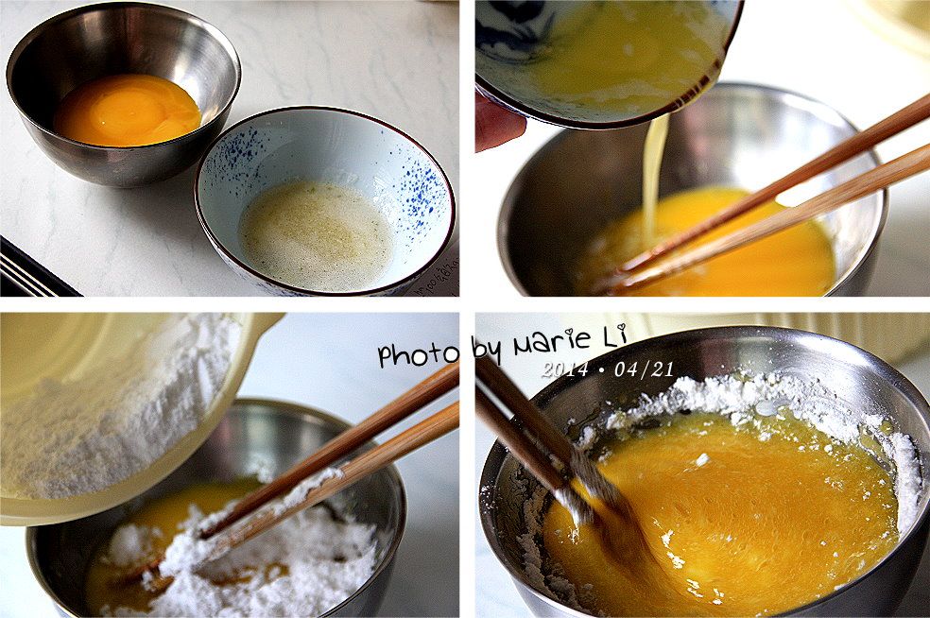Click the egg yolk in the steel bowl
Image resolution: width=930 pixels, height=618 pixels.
[x=128, y=110]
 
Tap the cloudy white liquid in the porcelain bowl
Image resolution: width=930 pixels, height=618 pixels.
[x=316, y=234]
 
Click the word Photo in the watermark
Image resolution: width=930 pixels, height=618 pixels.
[x=419, y=354]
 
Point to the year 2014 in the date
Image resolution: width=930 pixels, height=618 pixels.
[x=564, y=369]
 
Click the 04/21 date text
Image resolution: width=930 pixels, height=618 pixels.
[x=645, y=369]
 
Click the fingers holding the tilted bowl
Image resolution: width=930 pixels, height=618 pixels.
[x=498, y=122]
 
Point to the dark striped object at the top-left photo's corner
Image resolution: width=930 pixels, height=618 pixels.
[x=33, y=270]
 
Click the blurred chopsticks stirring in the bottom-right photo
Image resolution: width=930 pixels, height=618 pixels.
[x=552, y=451]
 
